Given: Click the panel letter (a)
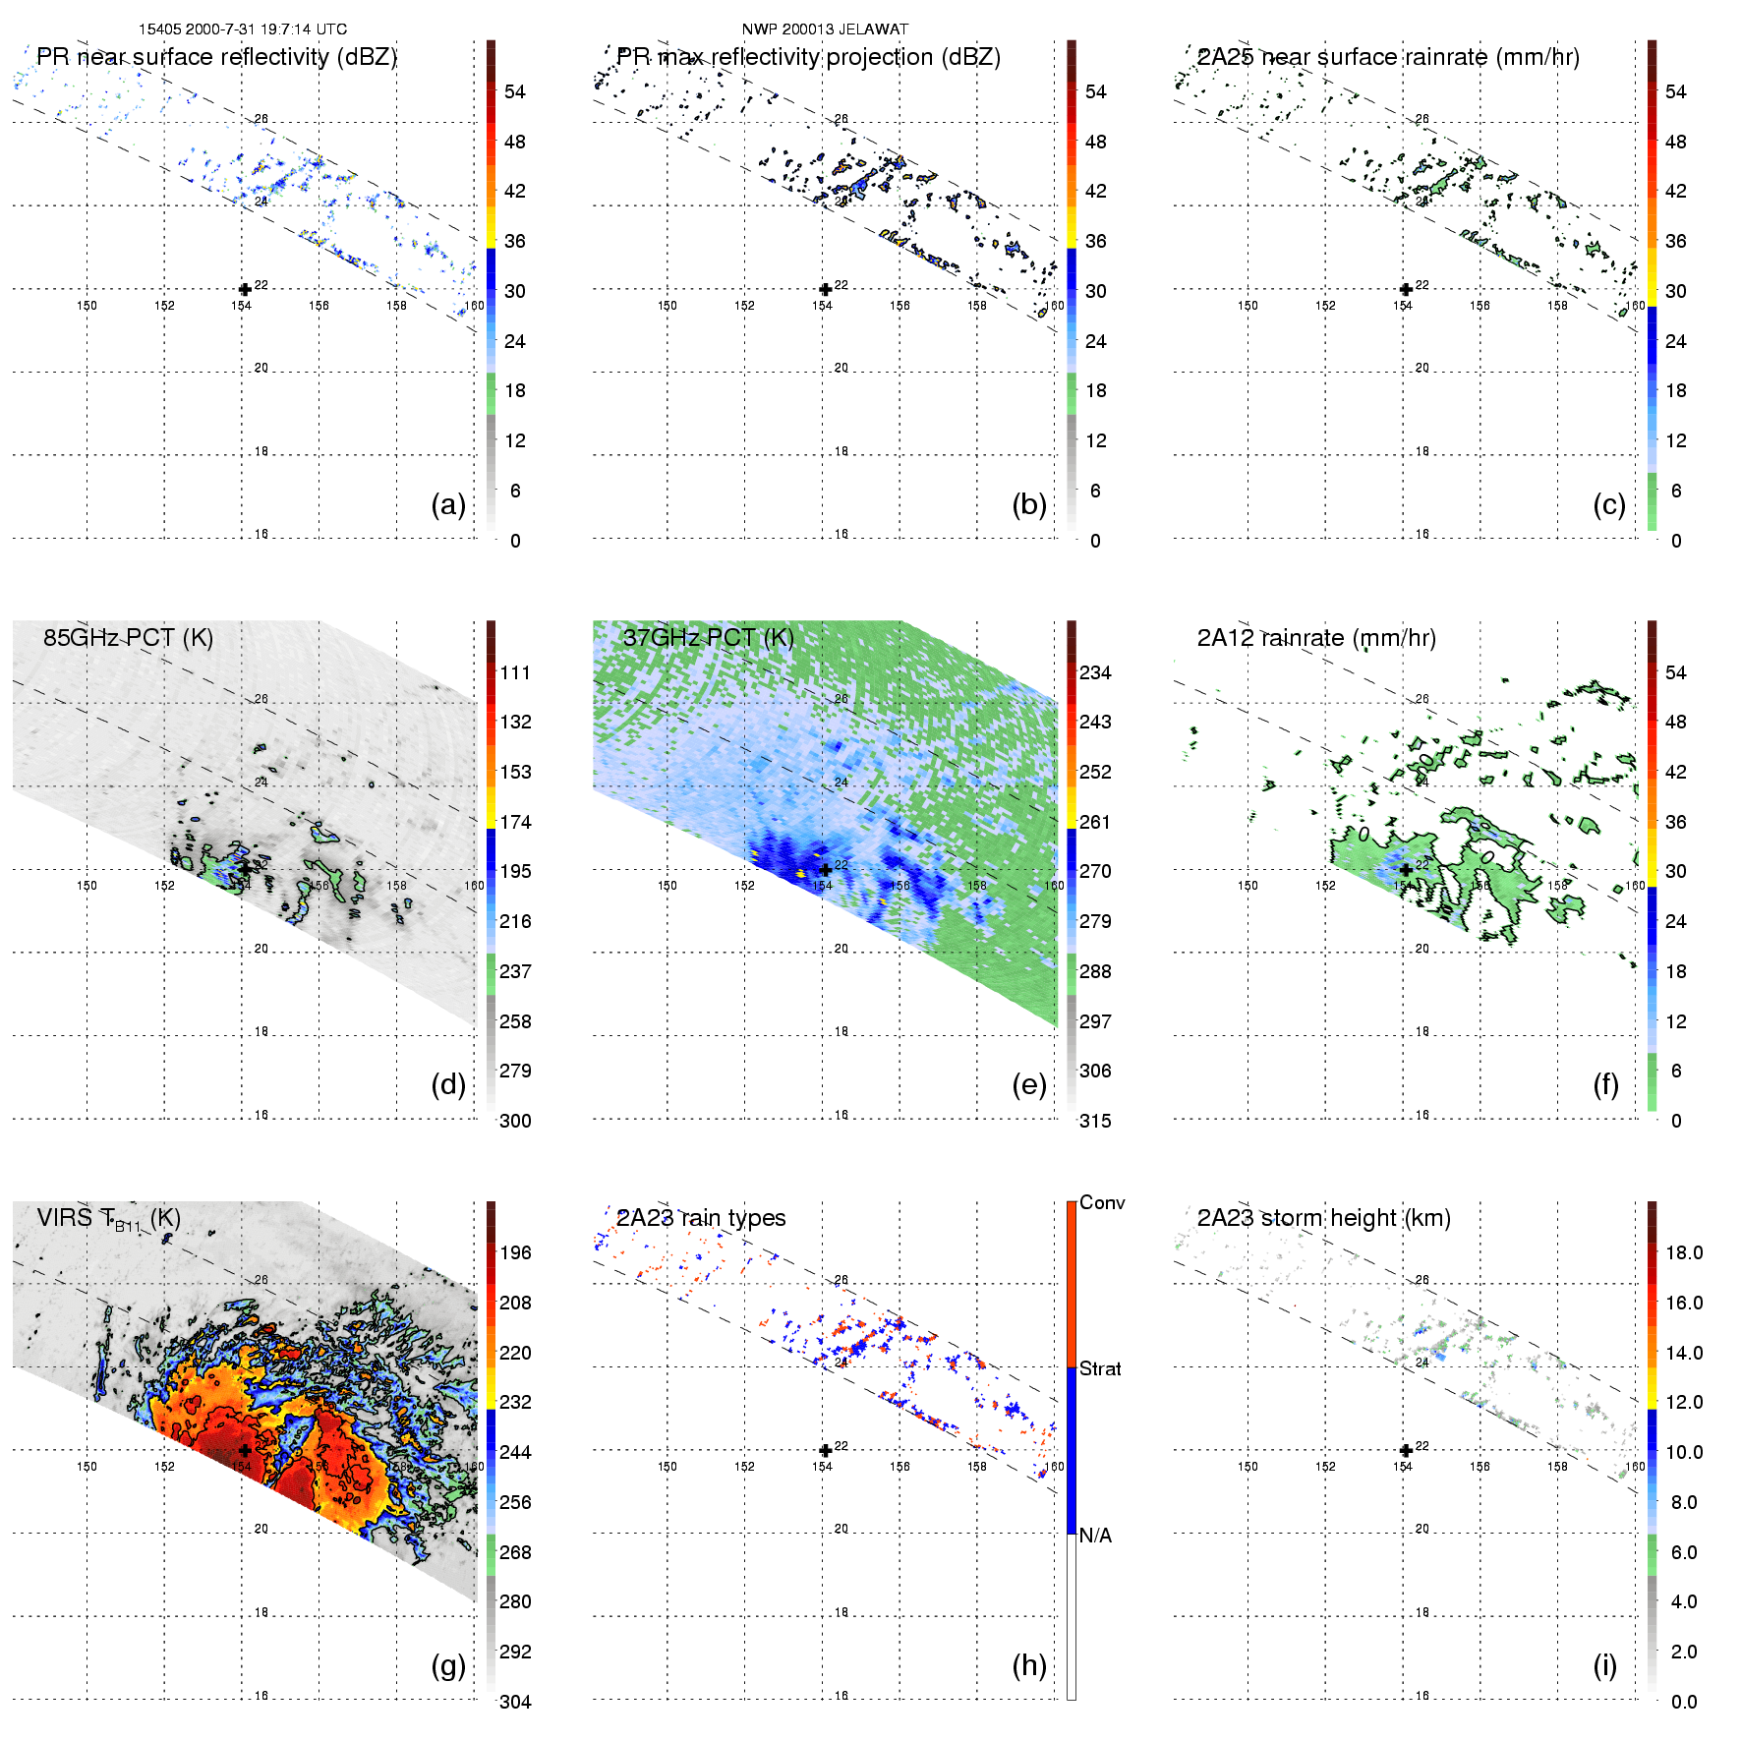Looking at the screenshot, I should [447, 504].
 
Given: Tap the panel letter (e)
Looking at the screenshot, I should [1028, 1084].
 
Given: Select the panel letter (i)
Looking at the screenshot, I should [1604, 1665].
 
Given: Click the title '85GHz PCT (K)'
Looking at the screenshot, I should [128, 637].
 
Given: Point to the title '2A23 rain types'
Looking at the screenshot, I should [701, 1218].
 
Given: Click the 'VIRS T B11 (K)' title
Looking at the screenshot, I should [108, 1219].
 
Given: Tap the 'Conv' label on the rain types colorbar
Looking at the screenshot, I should [1102, 1202].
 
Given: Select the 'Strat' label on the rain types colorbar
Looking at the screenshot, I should [1100, 1368].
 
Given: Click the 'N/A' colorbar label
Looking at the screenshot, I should [1095, 1536].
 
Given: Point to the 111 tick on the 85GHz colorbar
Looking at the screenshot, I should [515, 672].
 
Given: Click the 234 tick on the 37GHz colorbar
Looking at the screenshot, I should [1095, 672].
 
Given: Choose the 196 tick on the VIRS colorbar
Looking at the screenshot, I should [515, 1252].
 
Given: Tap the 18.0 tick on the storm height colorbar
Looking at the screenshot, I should [1683, 1252].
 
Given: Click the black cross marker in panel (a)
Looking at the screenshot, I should [245, 289].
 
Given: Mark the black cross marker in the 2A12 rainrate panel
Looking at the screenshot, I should [1406, 870].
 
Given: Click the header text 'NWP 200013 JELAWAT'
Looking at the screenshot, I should [825, 29].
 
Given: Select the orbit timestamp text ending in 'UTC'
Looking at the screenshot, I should [242, 29].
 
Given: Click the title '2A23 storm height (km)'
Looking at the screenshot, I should [1323, 1218].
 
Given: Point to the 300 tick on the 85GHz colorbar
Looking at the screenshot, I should [515, 1121].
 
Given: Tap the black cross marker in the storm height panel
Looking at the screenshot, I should [1406, 1450].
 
